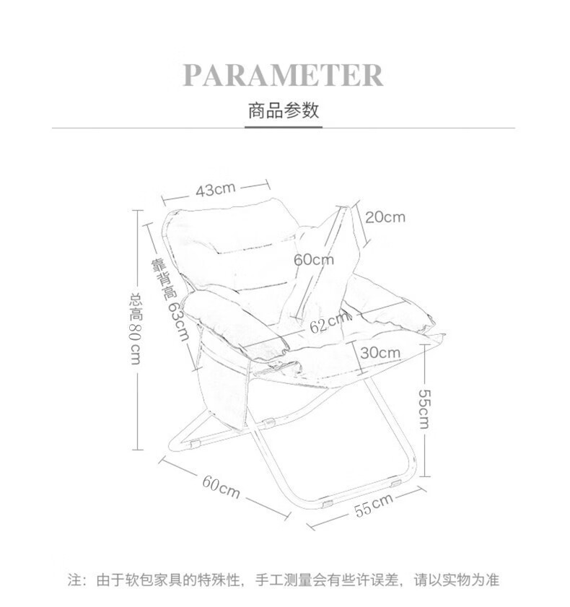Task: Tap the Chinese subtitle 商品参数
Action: tap(283, 111)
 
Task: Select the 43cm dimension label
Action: tap(216, 190)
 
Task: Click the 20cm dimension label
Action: tap(385, 217)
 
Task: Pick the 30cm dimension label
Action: tap(380, 353)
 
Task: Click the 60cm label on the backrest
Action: tap(313, 259)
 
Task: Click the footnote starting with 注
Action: tap(284, 580)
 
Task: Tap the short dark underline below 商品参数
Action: tap(283, 128)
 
